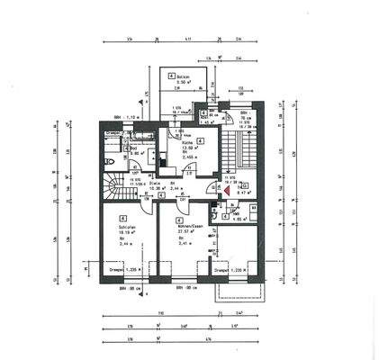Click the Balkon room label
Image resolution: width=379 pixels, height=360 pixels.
tap(184, 76)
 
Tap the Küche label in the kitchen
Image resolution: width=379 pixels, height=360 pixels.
tap(176, 143)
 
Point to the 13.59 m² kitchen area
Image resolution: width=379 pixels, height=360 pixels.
tap(177, 149)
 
